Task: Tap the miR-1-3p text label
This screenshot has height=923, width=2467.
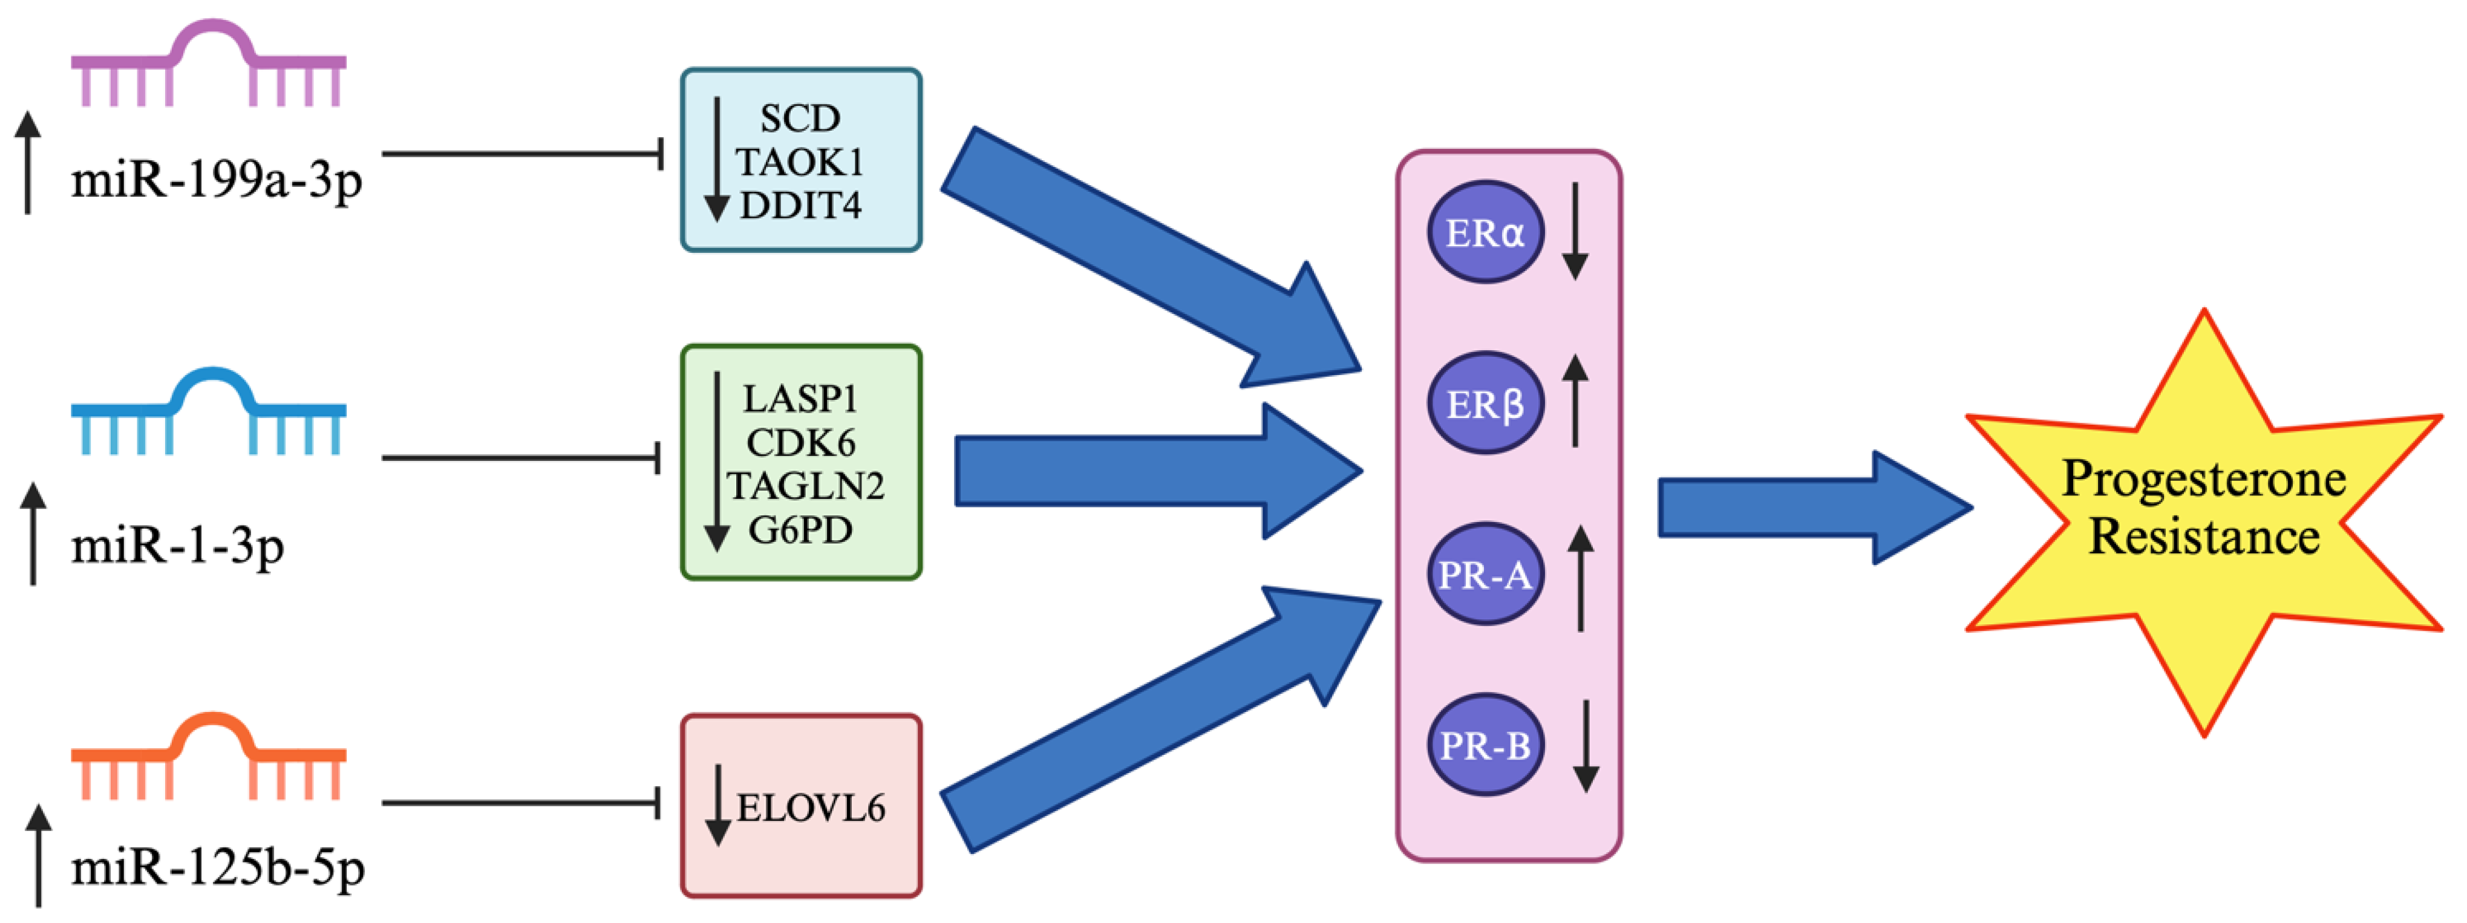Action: pyautogui.click(x=177, y=547)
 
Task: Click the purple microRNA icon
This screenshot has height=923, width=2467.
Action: pyautogui.click(x=209, y=67)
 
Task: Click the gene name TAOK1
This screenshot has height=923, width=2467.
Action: pyautogui.click(x=800, y=162)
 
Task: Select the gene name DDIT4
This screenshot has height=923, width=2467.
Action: pyautogui.click(x=800, y=205)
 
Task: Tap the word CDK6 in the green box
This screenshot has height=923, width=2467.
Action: pyautogui.click(x=800, y=442)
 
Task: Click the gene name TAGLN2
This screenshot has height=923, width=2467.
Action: pyautogui.click(x=805, y=486)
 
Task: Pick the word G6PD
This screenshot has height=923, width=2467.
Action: pyautogui.click(x=800, y=529)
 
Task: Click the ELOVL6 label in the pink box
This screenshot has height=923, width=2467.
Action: pyautogui.click(x=810, y=808)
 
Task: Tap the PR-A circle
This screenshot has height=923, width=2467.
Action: pyautogui.click(x=1485, y=575)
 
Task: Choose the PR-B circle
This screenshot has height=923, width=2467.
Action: pyautogui.click(x=1485, y=746)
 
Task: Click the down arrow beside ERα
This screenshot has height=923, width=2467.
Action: pyautogui.click(x=1575, y=231)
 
